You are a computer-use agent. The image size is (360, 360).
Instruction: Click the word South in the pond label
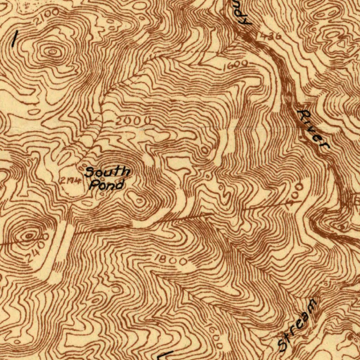[108, 172]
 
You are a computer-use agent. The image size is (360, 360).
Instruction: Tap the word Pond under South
[106, 184]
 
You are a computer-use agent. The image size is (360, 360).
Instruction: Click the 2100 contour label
[46, 16]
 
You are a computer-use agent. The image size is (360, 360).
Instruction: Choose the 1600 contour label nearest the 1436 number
[236, 65]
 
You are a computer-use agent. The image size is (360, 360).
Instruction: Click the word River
[313, 130]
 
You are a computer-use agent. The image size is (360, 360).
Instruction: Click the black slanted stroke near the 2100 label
[14, 39]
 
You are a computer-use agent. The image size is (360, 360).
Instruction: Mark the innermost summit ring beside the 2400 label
[29, 236]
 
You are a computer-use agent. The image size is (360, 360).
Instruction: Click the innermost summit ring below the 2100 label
[52, 52]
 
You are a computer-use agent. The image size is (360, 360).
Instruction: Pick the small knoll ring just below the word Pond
[140, 201]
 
